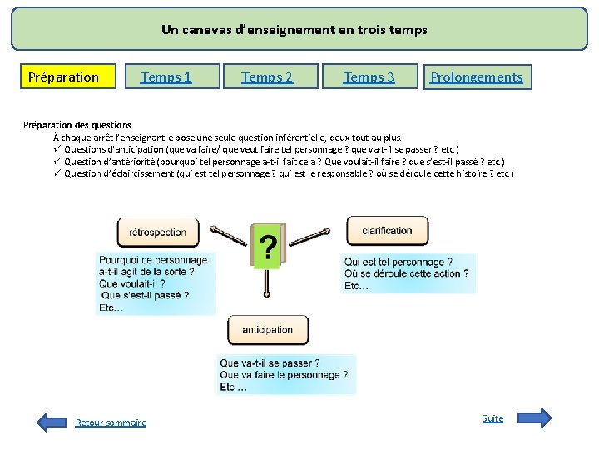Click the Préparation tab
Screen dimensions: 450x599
63,77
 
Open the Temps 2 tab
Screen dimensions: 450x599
268,77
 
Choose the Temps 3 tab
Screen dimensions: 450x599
369,77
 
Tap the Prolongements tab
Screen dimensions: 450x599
477,77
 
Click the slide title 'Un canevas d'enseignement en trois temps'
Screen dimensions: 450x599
295,30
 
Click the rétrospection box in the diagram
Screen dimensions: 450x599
158,232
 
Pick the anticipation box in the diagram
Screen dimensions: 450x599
267,330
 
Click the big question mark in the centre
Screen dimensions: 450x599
268,247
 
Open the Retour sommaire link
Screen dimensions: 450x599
111,422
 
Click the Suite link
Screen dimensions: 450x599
493,417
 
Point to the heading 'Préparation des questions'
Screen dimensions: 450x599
77,125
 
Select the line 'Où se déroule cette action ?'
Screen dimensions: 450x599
406,273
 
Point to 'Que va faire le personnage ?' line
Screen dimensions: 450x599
285,375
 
